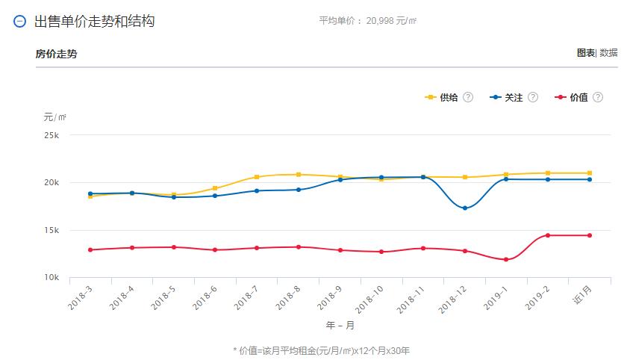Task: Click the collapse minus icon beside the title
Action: (20, 22)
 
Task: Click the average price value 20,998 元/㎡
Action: (391, 21)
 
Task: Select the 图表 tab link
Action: (585, 53)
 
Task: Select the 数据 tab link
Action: (608, 53)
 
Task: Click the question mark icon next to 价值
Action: (598, 97)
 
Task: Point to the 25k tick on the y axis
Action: (52, 135)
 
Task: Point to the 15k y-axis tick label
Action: (52, 230)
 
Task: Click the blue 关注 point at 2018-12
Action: (465, 208)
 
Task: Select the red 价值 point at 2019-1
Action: (506, 259)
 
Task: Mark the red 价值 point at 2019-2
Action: (548, 235)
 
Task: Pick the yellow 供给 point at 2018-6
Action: (215, 188)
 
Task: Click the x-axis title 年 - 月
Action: (340, 326)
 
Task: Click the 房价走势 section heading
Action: (56, 54)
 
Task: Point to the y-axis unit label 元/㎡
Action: (54, 117)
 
